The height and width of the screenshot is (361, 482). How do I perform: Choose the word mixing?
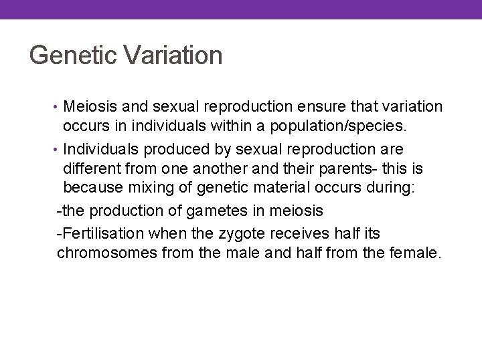click(154, 189)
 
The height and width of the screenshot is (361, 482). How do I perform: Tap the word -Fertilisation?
click(101, 232)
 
